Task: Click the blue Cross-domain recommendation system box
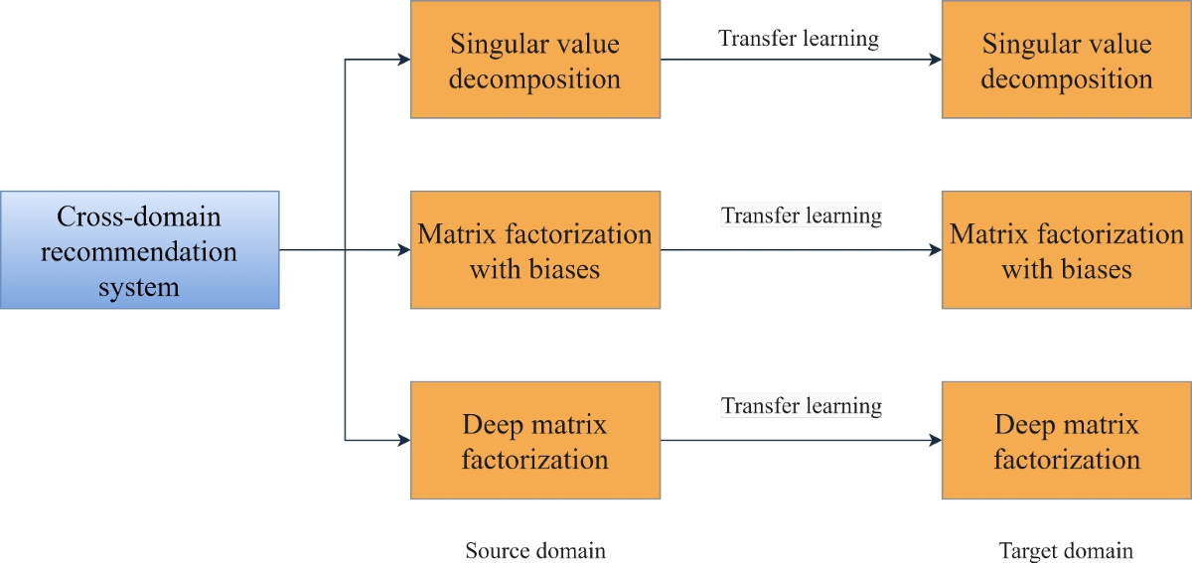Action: pyautogui.click(x=139, y=250)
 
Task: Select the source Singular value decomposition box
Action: pyautogui.click(x=535, y=61)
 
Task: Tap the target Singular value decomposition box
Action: pyautogui.click(x=1067, y=61)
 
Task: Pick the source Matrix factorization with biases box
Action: pyautogui.click(x=535, y=250)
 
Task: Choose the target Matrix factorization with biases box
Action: pyautogui.click(x=1067, y=250)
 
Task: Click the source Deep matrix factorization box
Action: pyautogui.click(x=535, y=441)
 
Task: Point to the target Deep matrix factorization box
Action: pyautogui.click(x=1067, y=441)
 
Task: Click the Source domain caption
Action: pyautogui.click(x=535, y=550)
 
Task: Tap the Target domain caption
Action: pyautogui.click(x=1066, y=550)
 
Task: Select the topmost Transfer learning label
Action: pyautogui.click(x=799, y=39)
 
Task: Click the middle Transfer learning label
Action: pyautogui.click(x=802, y=214)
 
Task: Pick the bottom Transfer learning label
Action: pyautogui.click(x=802, y=405)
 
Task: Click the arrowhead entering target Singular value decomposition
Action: pyautogui.click(x=935, y=61)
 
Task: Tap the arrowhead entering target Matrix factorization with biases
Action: pyautogui.click(x=935, y=250)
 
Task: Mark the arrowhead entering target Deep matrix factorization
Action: pyautogui.click(x=935, y=441)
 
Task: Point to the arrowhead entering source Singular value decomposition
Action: pyautogui.click(x=403, y=61)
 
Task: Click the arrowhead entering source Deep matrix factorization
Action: pyautogui.click(x=403, y=441)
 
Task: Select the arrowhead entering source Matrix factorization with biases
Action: pyautogui.click(x=403, y=250)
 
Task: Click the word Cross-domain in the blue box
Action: pyautogui.click(x=139, y=216)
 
